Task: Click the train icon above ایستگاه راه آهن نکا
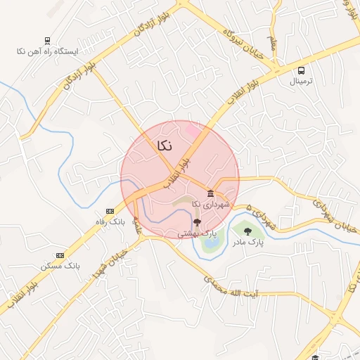coord(47,41)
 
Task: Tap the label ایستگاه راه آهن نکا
coord(48,52)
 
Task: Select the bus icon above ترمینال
coord(302,70)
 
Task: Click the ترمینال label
coord(302,82)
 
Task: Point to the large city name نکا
coord(162,146)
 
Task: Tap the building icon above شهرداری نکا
coord(211,193)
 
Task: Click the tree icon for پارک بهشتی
coord(196,222)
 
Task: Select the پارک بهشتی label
coord(196,233)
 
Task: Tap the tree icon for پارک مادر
coord(246,231)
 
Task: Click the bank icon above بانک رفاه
coord(110,211)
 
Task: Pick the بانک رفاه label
coord(110,221)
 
